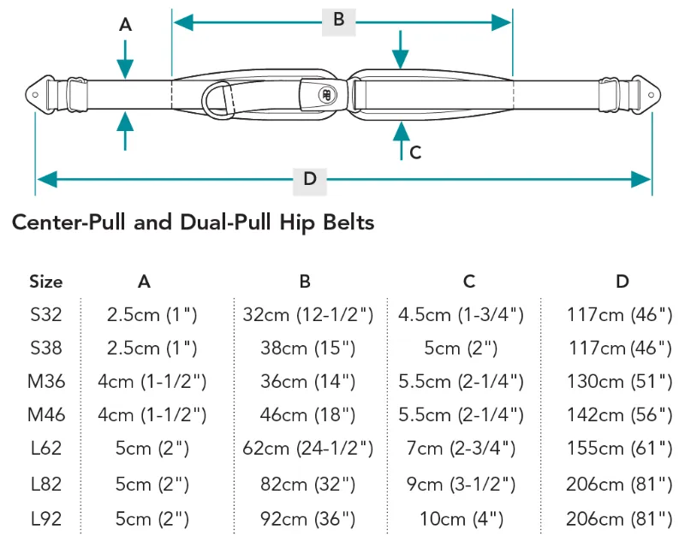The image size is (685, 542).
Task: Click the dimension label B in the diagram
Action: pyautogui.click(x=338, y=20)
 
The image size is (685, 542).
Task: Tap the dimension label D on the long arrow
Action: pyautogui.click(x=310, y=178)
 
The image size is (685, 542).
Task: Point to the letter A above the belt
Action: pyautogui.click(x=125, y=26)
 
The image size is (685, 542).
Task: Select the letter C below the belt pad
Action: pyautogui.click(x=415, y=152)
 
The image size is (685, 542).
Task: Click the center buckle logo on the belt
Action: pyautogui.click(x=326, y=96)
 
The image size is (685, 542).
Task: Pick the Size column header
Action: pyautogui.click(x=45, y=281)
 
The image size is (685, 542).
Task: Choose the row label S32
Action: pyautogui.click(x=45, y=314)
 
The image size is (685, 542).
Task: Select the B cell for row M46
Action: pyautogui.click(x=305, y=415)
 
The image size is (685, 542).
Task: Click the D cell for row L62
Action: pyautogui.click(x=619, y=449)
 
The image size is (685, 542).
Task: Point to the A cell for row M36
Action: pyautogui.click(x=152, y=381)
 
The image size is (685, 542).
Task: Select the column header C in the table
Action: pyautogui.click(x=468, y=281)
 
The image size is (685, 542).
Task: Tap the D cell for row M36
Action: pyautogui.click(x=619, y=381)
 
